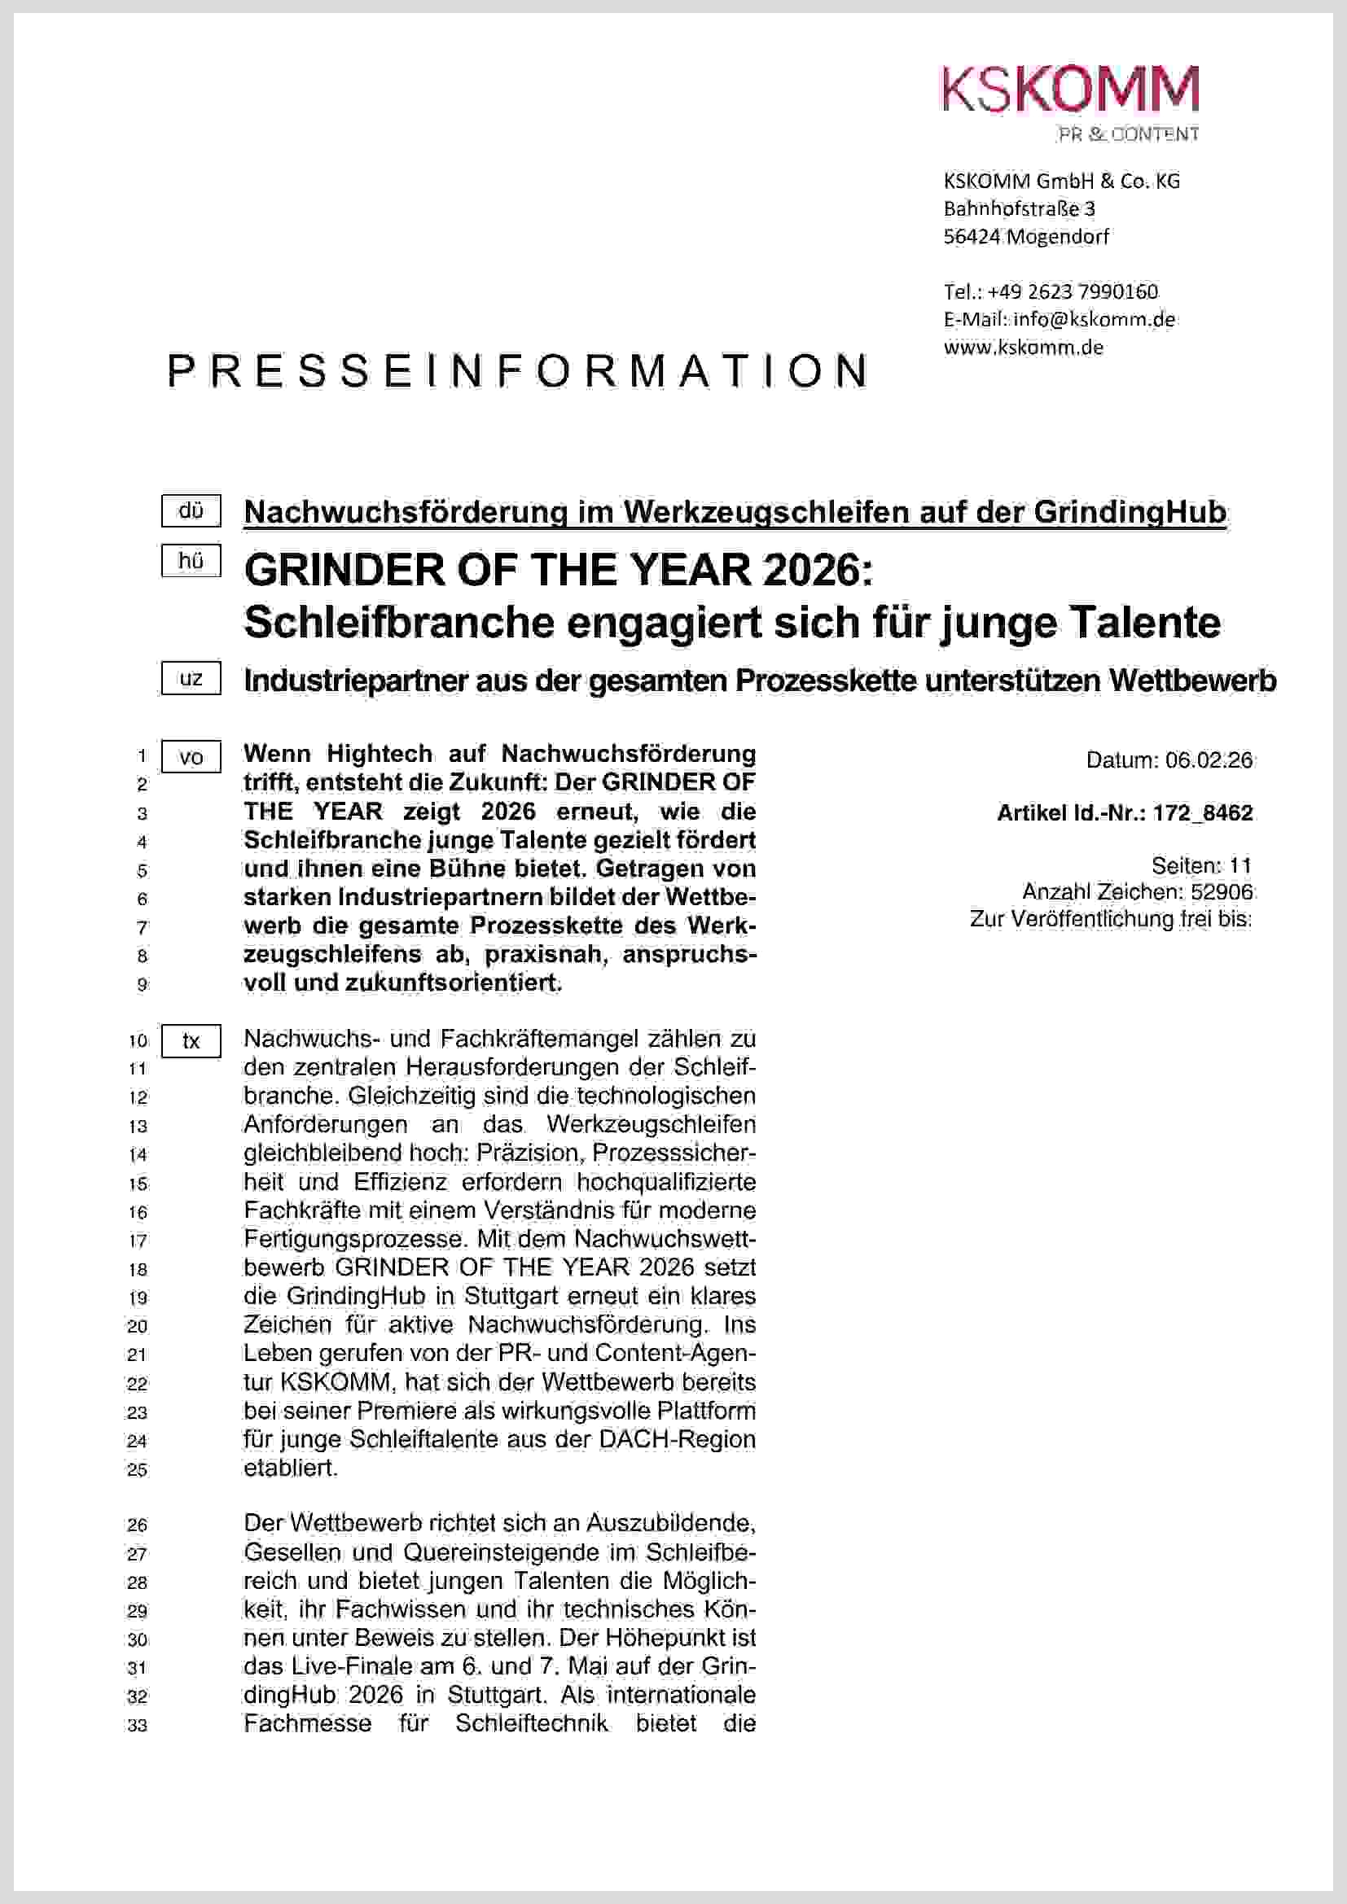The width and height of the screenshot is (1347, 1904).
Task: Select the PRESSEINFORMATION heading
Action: click(x=519, y=370)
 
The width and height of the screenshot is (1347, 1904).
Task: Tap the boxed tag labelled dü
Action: click(x=191, y=511)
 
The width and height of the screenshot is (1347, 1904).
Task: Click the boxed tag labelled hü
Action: click(x=191, y=562)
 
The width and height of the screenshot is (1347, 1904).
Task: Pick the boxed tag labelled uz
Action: click(x=191, y=678)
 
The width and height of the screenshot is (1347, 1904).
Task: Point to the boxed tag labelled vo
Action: click(x=191, y=757)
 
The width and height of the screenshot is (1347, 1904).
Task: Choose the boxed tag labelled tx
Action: click(x=191, y=1042)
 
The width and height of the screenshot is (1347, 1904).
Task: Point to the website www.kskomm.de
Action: click(x=1024, y=348)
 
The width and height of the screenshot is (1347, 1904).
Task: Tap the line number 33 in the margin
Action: click(x=138, y=1726)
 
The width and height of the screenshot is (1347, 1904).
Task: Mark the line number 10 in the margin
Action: click(x=138, y=1041)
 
